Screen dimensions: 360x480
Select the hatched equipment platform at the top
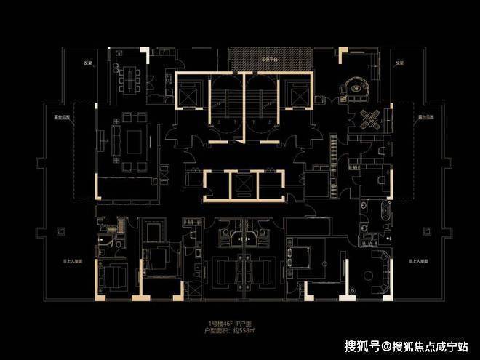click(271, 59)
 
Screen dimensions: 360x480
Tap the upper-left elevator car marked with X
click(188, 92)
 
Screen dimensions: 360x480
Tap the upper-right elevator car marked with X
click(299, 92)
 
